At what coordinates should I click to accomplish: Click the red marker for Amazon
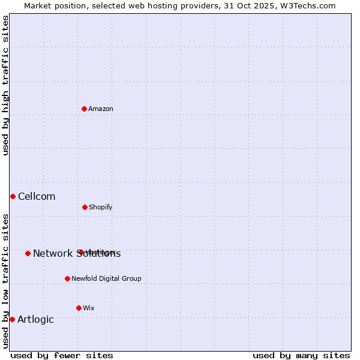[85, 109]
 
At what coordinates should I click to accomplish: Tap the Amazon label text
[101, 109]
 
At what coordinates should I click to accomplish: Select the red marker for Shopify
[85, 207]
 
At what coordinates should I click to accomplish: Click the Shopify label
[101, 207]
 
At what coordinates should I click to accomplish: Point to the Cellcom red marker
[13, 196]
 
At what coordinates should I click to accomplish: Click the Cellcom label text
[37, 196]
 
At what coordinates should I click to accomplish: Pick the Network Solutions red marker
[28, 253]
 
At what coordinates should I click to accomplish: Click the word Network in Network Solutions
[52, 253]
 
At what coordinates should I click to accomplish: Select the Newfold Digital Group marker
[67, 278]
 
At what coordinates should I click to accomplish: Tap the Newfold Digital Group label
[106, 278]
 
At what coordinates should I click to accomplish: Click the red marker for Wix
[79, 308]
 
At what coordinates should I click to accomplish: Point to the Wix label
[89, 308]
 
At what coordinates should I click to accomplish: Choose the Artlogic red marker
[12, 319]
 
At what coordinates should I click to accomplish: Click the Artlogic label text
[35, 319]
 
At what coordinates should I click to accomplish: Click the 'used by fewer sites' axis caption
[62, 355]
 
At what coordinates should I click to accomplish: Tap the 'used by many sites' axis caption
[301, 355]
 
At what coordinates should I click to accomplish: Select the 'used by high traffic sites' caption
[5, 85]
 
